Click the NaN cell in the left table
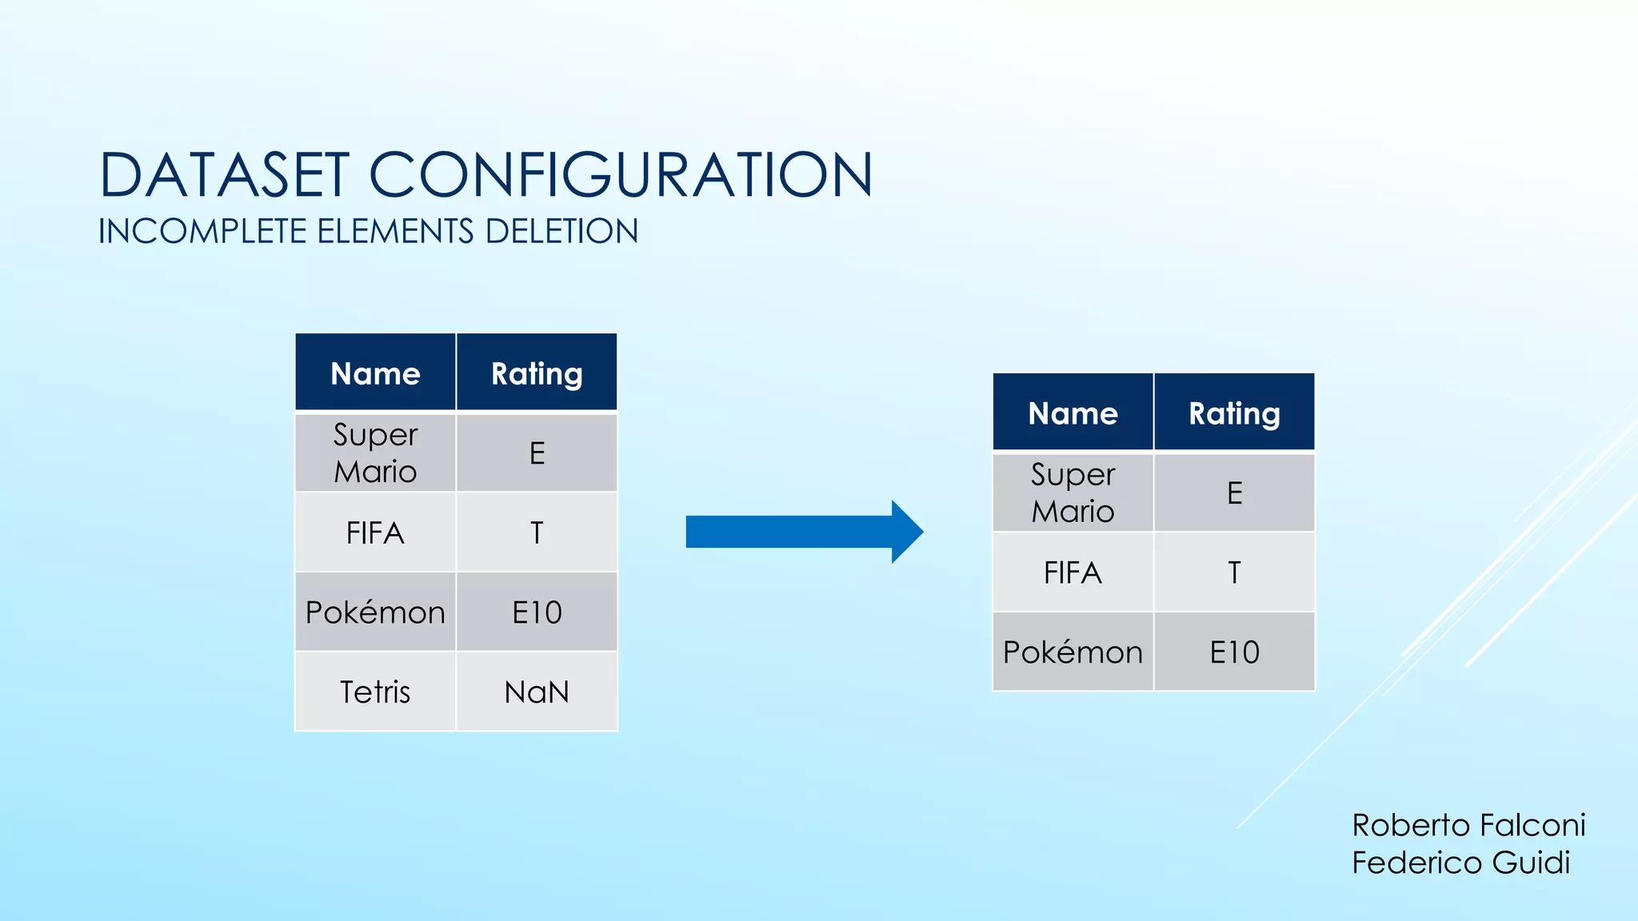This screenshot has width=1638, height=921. [x=537, y=692]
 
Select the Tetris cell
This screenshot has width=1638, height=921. [x=375, y=692]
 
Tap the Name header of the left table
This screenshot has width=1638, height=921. [x=375, y=373]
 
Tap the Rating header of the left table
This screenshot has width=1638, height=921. [x=537, y=373]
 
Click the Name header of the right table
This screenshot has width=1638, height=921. [x=1073, y=413]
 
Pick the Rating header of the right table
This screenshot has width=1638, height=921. [x=1234, y=413]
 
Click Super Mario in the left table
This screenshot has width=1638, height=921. [x=375, y=453]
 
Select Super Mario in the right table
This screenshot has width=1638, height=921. [x=1073, y=492]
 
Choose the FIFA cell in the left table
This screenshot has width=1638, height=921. [x=375, y=532]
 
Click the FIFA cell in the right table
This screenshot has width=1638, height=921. [x=1073, y=572]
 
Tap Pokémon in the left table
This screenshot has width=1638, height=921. [x=375, y=612]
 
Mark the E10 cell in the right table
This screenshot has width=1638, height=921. [x=1234, y=652]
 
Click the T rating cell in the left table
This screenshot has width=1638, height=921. [x=537, y=532]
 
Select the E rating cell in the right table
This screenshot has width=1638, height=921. [x=1234, y=492]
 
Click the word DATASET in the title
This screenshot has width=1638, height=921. [x=225, y=175]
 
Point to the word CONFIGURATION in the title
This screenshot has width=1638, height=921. [x=620, y=175]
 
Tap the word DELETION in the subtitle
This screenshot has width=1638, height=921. [x=561, y=232]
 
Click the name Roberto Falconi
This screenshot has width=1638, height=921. [x=1468, y=825]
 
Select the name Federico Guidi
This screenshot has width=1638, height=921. [x=1460, y=863]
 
